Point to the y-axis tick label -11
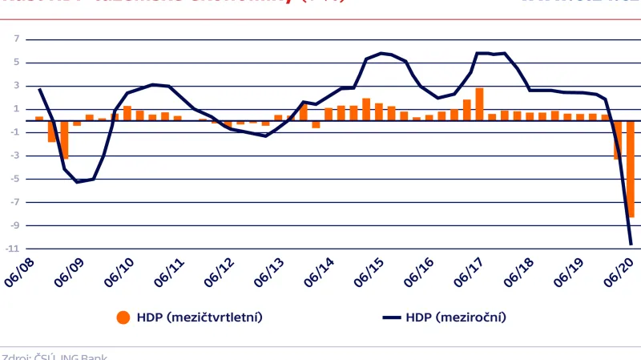(13, 249)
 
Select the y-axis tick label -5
(14, 179)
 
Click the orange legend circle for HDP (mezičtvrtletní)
(123, 317)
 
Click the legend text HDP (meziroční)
(457, 317)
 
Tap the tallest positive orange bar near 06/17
(479, 104)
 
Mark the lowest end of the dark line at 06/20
(631, 245)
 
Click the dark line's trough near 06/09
(78, 182)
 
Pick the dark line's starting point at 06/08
(39, 89)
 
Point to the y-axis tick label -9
(14, 225)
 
